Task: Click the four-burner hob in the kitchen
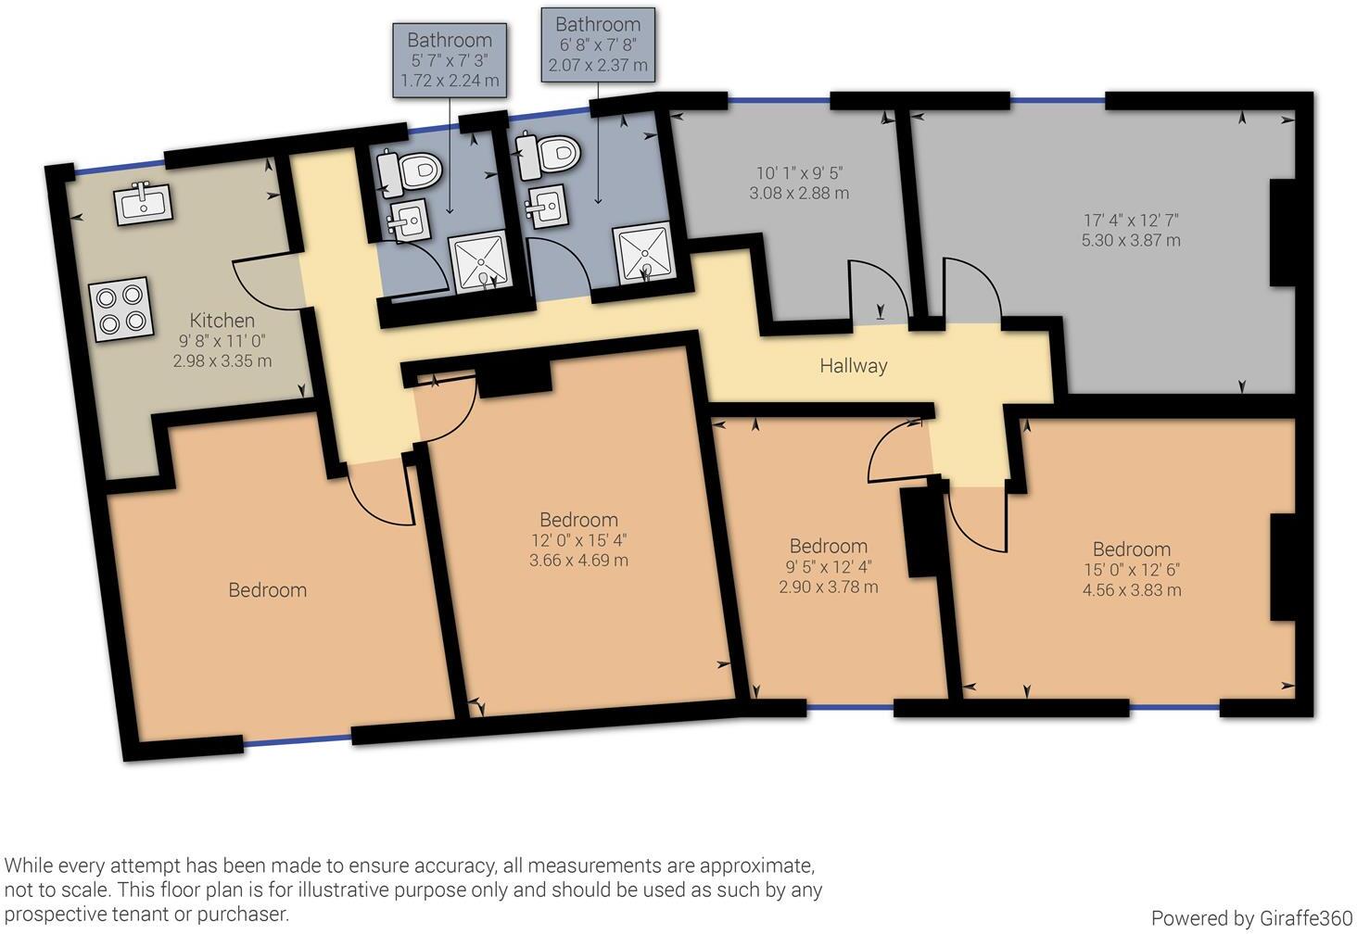121,309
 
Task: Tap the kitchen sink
143,202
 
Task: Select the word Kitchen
222,320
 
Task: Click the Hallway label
853,365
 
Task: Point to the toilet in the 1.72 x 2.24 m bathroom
409,170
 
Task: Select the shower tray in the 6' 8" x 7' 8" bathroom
644,253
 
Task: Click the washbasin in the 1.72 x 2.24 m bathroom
407,221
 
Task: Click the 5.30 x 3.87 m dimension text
1131,241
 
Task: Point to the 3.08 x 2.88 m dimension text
799,194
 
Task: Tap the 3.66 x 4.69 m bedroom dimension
578,561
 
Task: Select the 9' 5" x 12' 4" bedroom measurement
829,566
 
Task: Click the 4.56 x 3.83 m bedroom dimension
1132,590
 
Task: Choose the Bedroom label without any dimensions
267,590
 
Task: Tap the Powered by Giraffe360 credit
1251,918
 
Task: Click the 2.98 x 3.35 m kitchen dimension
222,361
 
